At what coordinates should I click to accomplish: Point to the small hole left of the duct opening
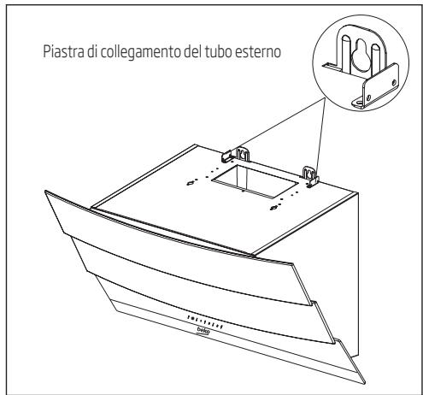pos(189,180)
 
